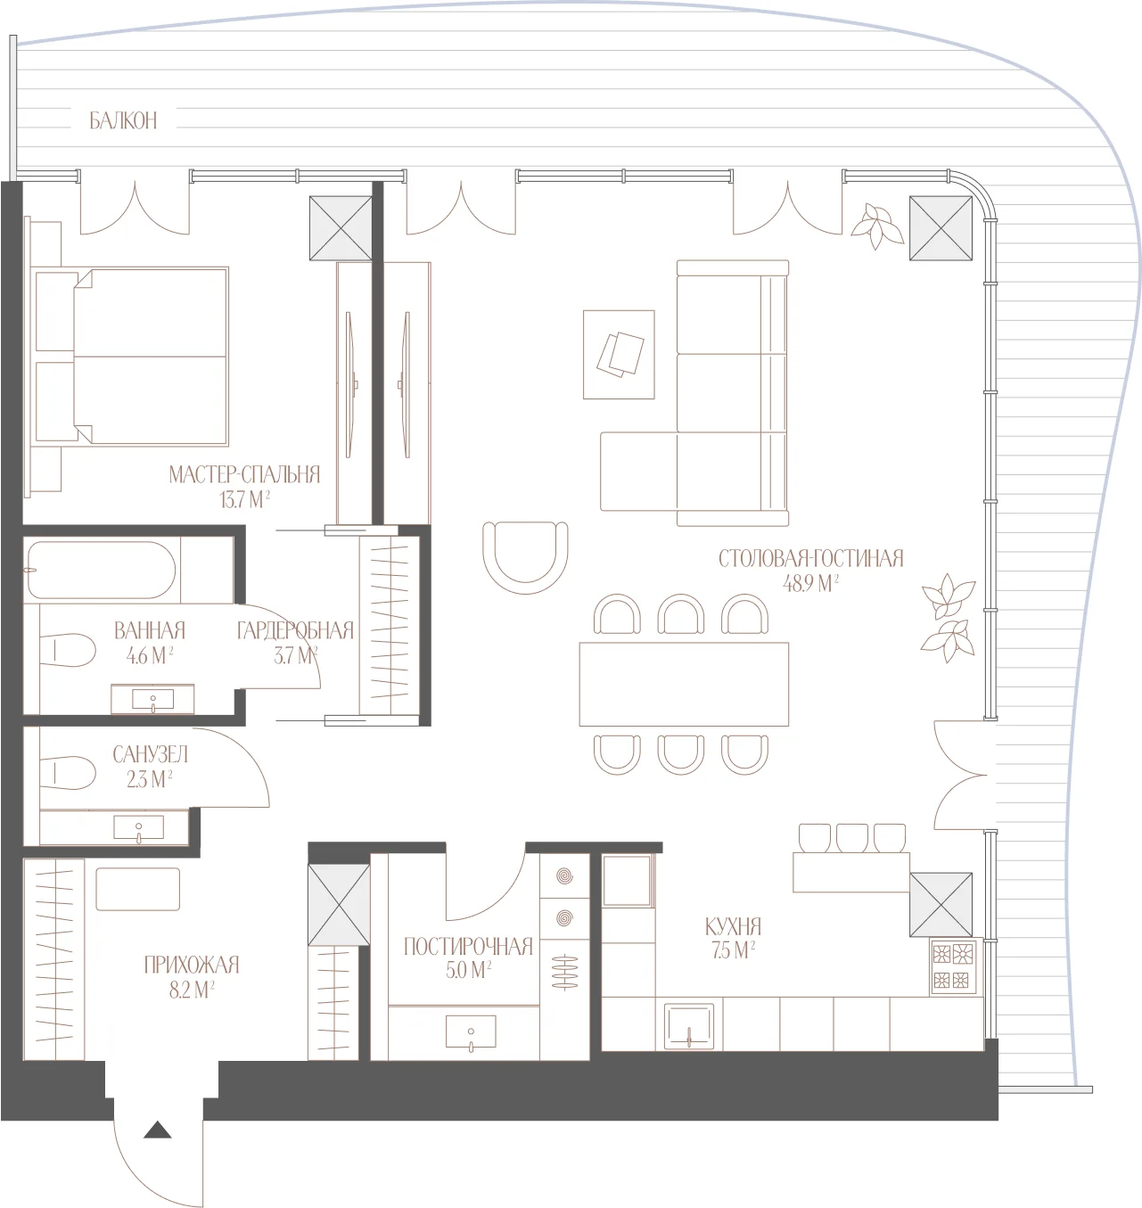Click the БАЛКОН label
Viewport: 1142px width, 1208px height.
[123, 120]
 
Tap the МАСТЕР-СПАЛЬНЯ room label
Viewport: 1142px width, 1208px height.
[244, 474]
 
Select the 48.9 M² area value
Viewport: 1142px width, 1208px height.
[810, 583]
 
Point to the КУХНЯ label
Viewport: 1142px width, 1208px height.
[733, 926]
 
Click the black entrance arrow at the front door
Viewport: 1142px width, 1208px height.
[158, 1130]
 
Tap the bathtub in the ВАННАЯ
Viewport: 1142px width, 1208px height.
[102, 570]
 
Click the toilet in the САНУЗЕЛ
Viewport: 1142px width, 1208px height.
[68, 772]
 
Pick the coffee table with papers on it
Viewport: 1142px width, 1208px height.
[619, 355]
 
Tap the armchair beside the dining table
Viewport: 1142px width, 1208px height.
[525, 557]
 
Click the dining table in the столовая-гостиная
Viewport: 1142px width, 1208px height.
[684, 684]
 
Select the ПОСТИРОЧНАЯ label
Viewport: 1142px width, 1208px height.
[468, 947]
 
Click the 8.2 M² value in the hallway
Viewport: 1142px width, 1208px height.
[192, 990]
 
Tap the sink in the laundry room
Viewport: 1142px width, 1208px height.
[471, 1031]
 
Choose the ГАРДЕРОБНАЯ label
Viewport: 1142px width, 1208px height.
[295, 630]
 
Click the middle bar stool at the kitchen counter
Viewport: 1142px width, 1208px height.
[852, 838]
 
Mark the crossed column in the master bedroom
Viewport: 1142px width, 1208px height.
[341, 228]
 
